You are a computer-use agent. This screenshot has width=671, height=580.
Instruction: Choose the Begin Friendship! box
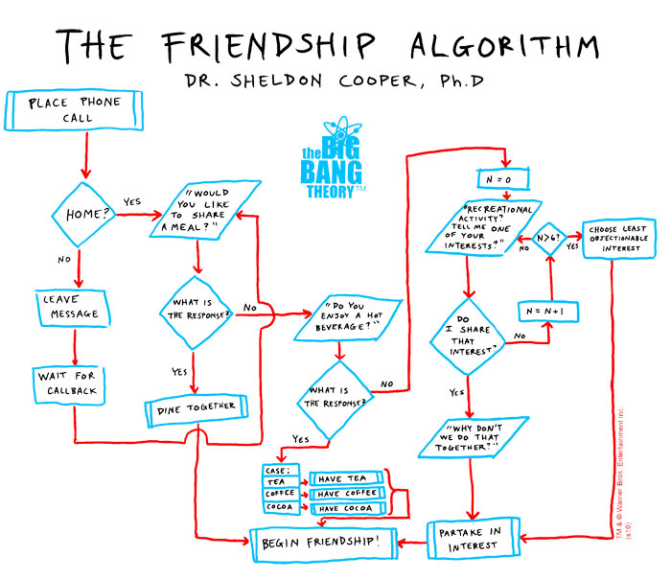[x=322, y=543]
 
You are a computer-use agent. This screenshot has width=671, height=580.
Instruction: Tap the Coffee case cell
[x=281, y=493]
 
